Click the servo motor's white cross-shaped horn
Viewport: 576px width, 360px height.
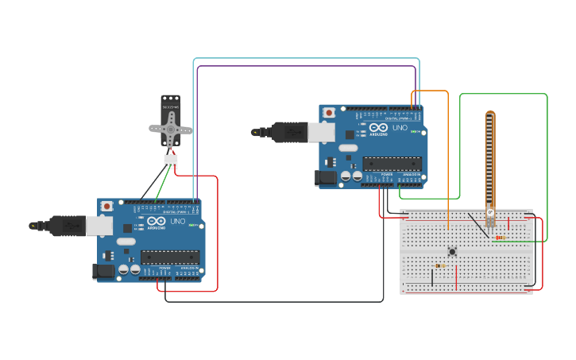click(171, 127)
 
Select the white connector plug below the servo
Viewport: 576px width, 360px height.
click(171, 162)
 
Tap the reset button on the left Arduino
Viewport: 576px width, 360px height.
click(107, 207)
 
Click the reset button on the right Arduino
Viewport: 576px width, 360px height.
click(329, 114)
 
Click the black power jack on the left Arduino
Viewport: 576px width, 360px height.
click(104, 271)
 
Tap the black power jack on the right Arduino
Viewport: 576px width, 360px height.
click(326, 178)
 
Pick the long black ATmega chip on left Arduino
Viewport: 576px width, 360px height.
click(170, 256)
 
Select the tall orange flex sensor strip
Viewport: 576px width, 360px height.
click(490, 159)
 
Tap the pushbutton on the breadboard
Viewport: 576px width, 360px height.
click(452, 252)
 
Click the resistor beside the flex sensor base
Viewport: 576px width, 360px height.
click(500, 237)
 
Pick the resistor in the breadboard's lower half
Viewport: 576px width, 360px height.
click(440, 265)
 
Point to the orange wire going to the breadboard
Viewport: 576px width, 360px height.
click(448, 159)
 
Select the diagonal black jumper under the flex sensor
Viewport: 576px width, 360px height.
click(477, 225)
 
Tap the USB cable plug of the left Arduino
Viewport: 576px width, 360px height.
click(68, 226)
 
